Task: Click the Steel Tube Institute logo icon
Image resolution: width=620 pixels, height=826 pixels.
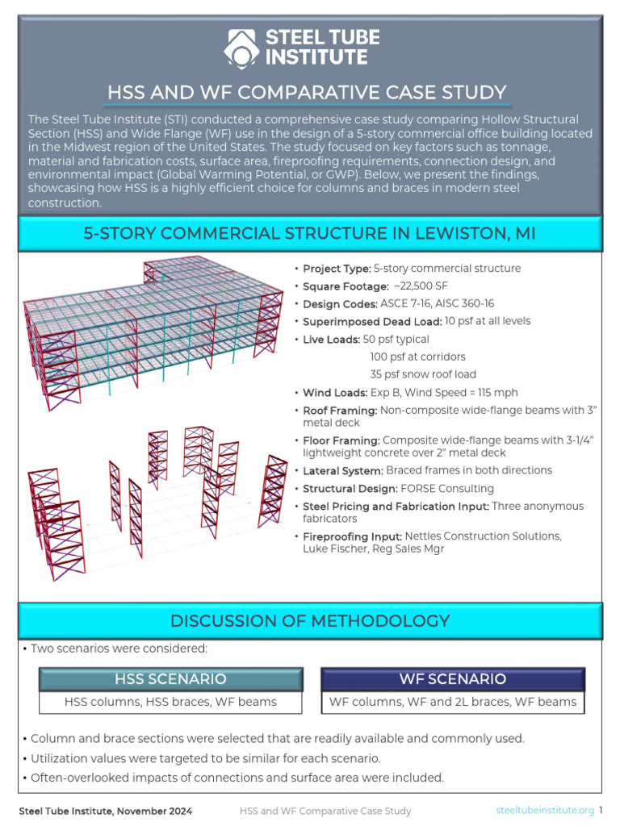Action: (241, 47)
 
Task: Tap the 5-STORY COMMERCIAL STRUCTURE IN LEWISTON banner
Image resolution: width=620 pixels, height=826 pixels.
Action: (309, 234)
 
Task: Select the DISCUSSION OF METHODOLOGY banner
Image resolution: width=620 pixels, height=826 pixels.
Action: (309, 621)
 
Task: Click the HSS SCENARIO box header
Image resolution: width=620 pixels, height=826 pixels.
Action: (170, 678)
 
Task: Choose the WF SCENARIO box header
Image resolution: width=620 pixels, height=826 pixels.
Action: (452, 678)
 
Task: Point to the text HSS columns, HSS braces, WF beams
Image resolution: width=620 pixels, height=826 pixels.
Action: (170, 702)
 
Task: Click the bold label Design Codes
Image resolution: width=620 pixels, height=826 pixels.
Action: (340, 304)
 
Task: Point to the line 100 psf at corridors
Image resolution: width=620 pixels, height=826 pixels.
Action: (417, 357)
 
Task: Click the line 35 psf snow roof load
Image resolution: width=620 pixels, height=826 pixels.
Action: (423, 374)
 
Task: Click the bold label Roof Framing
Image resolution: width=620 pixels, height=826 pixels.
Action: (340, 411)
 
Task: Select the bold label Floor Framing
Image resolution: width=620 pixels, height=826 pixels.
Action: (341, 440)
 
